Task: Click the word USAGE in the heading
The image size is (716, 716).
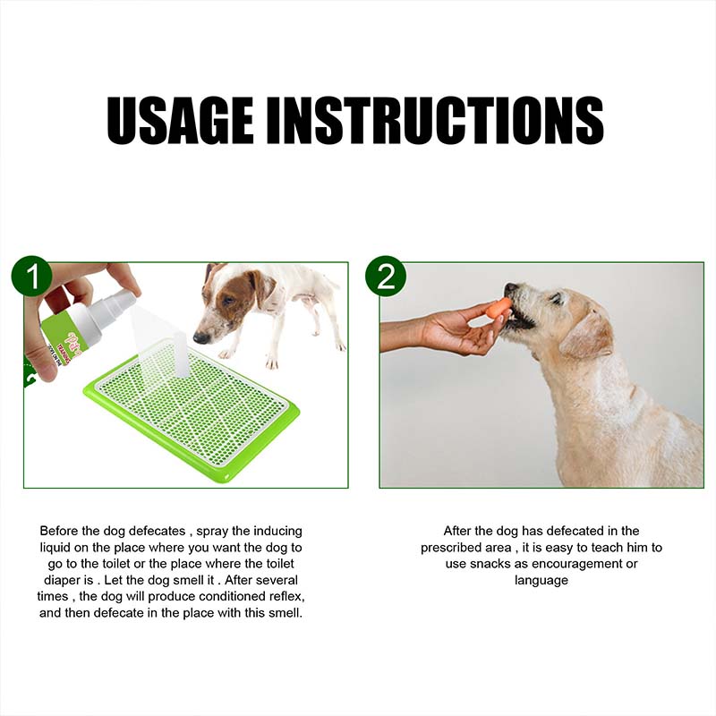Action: pyautogui.click(x=180, y=120)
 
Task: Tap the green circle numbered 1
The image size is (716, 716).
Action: pyautogui.click(x=32, y=277)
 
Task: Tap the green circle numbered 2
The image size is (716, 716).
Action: pyautogui.click(x=386, y=277)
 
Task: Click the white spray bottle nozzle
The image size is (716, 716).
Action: pyautogui.click(x=123, y=299)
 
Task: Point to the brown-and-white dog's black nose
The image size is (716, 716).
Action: pyautogui.click(x=200, y=338)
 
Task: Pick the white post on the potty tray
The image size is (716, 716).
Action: pyautogui.click(x=181, y=354)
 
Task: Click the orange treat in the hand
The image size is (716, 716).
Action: pyautogui.click(x=498, y=306)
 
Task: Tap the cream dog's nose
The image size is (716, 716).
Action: pyautogui.click(x=510, y=288)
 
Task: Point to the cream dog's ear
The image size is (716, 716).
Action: pyautogui.click(x=587, y=336)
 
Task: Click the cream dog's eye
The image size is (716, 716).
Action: pyautogui.click(x=557, y=298)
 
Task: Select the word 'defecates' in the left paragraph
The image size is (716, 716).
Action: pyautogui.click(x=158, y=531)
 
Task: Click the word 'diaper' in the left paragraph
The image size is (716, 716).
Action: pyautogui.click(x=61, y=580)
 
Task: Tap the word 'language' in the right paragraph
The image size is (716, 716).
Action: pyautogui.click(x=541, y=581)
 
